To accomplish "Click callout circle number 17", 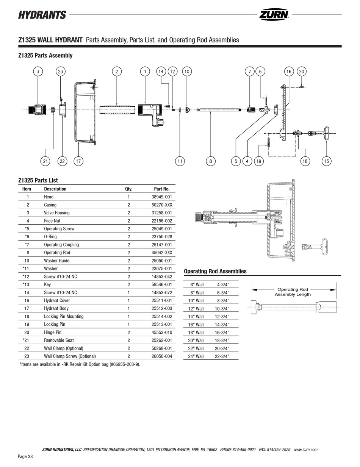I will coord(78,161).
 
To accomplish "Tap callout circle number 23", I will coord(61,71).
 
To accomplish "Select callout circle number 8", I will coord(210,161).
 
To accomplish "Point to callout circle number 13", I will coord(326,161).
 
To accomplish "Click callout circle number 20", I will coord(301,71).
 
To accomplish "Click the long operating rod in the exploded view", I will coord(219,110).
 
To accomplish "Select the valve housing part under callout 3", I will coord(38,110).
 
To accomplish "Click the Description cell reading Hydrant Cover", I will coord(57,300).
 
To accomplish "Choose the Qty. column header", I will coord(129,189).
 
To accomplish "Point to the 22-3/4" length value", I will coord(222,356).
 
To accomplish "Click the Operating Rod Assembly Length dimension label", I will coord(293,292).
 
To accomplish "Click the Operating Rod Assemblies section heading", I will coord(215,271).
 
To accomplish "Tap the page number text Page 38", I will coord(25,457).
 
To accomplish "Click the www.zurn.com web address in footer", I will coord(305,450).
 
